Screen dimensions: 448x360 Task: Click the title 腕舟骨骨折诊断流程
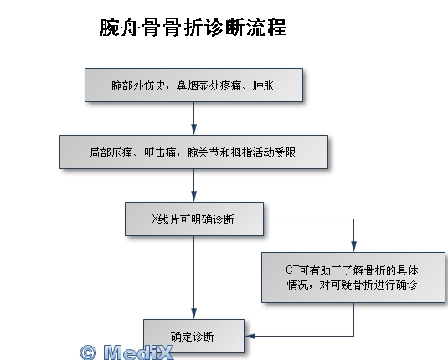tap(193, 28)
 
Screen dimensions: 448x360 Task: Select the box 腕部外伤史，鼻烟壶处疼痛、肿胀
tap(193, 85)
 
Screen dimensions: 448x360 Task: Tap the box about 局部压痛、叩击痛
tap(193, 152)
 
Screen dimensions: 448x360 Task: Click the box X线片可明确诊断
tap(194, 219)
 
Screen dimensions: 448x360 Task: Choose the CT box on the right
tap(353, 277)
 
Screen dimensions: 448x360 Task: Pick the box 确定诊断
tap(193, 336)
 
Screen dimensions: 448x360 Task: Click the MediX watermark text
tap(138, 352)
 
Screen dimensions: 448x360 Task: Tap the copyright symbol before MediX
tap(88, 352)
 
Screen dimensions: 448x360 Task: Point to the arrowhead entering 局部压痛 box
tap(194, 130)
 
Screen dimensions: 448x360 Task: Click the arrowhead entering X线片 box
tap(194, 197)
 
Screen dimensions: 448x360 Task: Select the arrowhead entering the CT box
tap(353, 247)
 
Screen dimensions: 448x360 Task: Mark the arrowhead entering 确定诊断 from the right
tap(250, 336)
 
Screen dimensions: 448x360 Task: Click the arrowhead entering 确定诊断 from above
tap(194, 314)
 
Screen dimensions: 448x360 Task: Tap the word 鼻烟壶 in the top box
tap(193, 85)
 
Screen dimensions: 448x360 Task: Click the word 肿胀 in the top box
tap(263, 85)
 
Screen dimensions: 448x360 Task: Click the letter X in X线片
tap(155, 219)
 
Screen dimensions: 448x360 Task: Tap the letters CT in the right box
tap(292, 270)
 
